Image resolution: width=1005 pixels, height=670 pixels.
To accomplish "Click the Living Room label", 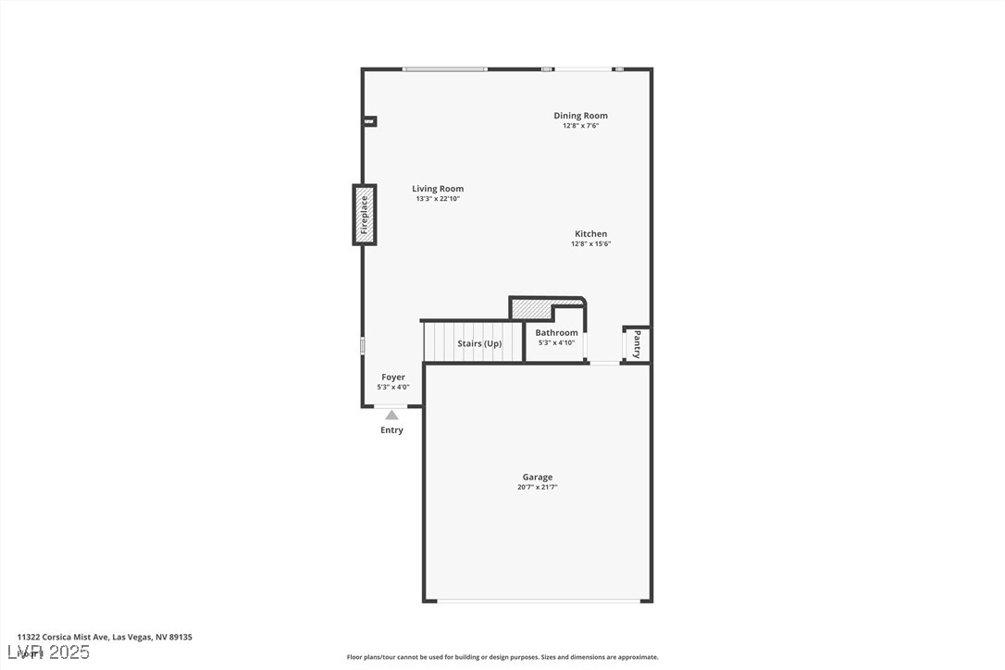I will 438,189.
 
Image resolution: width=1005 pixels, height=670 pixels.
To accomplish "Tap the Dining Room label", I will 580,116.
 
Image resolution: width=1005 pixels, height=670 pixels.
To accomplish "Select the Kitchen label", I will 590,234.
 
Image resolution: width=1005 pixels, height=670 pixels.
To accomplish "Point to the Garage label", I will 537,478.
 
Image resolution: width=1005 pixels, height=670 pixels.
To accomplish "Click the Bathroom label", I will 556,333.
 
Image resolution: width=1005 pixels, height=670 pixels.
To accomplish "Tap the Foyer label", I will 392,378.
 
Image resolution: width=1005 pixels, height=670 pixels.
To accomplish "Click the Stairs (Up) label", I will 479,344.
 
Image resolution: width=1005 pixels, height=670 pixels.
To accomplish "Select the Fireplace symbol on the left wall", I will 364,215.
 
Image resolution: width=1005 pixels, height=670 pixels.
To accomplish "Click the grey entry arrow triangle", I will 392,415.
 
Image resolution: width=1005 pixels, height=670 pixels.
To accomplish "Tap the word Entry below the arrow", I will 392,430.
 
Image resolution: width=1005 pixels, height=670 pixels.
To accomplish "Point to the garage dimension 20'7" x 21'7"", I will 538,488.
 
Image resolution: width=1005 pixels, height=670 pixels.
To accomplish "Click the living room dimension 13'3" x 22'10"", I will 438,199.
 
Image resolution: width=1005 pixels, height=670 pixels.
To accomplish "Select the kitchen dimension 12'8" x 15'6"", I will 590,244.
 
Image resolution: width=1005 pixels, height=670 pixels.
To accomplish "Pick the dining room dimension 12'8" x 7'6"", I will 580,126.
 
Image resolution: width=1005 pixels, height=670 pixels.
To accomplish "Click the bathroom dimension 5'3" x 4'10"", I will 556,343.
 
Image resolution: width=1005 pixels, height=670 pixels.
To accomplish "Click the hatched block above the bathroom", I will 532,308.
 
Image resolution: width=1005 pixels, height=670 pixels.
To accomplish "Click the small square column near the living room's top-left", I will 369,120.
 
